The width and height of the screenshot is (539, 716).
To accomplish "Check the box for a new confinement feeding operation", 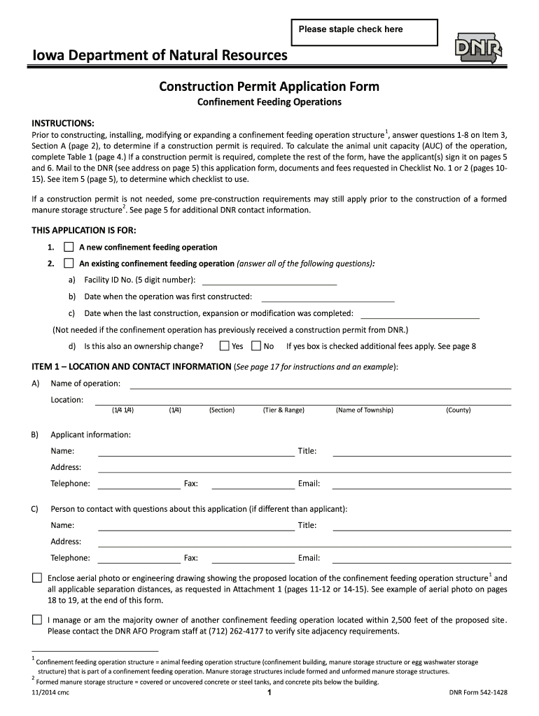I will (69, 247).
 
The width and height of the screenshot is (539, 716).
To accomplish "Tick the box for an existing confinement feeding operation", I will (69, 264).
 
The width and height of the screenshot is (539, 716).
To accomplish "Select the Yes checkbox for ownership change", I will (224, 345).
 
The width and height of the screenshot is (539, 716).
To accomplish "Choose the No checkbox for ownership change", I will (256, 345).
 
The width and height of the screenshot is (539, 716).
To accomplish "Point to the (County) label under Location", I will (458, 410).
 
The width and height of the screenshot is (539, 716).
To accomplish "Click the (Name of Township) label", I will (364, 410).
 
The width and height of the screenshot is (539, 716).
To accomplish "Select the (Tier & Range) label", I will (283, 410).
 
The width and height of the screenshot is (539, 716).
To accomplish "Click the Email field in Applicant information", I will (421, 484).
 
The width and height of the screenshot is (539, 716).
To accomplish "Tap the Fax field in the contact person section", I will (253, 558).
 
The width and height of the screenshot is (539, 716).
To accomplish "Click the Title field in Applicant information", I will (421, 452).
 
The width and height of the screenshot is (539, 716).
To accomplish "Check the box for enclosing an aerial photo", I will (36, 578).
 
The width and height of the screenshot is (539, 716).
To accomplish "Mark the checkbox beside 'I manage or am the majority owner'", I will (36, 620).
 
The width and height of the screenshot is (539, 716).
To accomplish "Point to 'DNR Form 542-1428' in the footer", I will (478, 692).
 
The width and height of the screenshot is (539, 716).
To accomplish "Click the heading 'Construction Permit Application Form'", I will (269, 87).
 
